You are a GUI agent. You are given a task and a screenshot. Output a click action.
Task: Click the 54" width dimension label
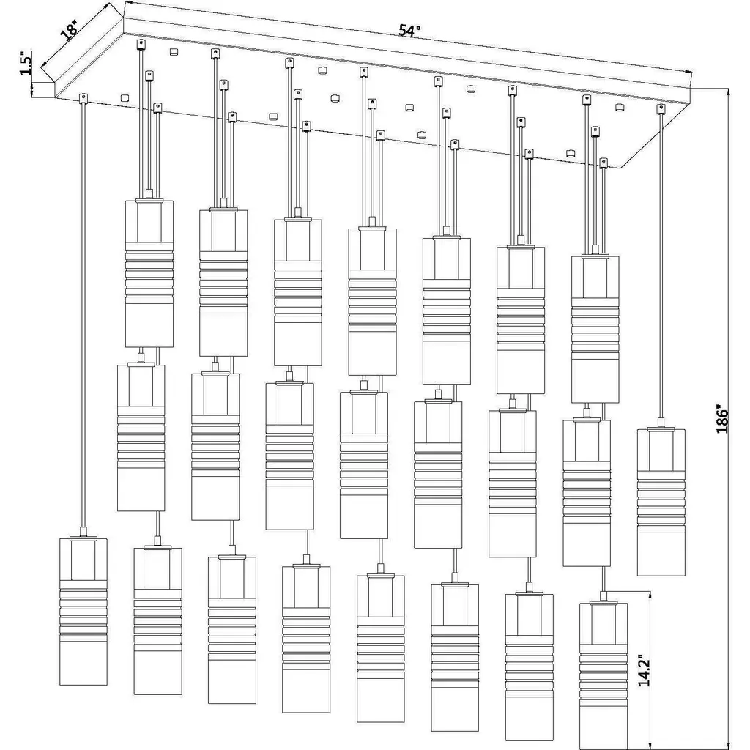click(410, 31)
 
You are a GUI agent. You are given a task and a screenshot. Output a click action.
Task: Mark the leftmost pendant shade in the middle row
click(141, 437)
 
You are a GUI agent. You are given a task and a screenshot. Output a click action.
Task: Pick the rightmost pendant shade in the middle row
click(587, 493)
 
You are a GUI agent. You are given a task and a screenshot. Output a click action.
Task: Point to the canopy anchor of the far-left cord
click(83, 97)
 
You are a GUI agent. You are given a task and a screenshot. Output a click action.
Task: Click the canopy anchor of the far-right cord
click(661, 110)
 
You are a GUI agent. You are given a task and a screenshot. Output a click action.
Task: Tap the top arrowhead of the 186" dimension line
click(728, 92)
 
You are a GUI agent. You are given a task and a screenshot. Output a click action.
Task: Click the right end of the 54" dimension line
click(691, 71)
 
